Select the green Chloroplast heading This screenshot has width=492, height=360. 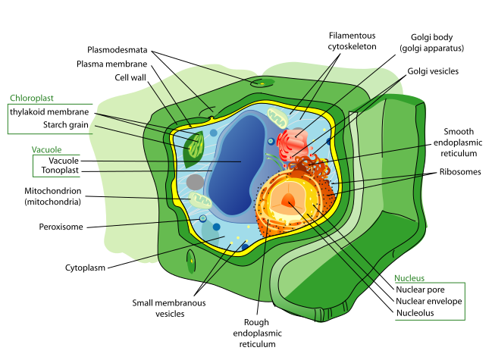(32, 98)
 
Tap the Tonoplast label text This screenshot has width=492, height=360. (59, 170)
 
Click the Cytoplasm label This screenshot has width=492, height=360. (85, 267)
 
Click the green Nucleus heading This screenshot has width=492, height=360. (409, 277)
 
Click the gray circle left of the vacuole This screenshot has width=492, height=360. (196, 182)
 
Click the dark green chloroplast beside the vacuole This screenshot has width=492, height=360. (193, 150)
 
